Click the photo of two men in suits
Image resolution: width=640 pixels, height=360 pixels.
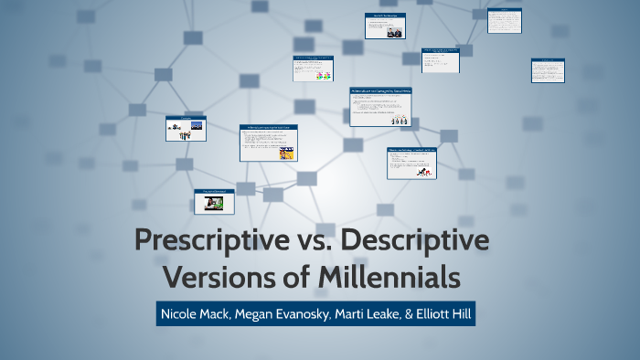394,32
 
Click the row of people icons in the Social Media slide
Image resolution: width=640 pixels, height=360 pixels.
398,121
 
